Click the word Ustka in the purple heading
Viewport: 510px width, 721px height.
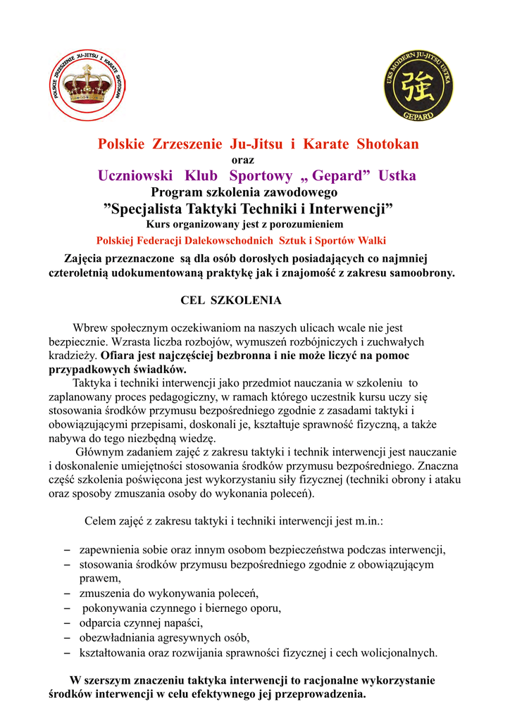point(397,175)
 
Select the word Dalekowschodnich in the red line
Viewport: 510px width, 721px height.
point(240,240)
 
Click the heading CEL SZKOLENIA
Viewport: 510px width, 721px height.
point(231,301)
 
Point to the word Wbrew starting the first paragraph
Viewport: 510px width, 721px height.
point(89,328)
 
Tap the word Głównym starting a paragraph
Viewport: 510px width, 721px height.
point(98,451)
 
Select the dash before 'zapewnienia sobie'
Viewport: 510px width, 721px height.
point(66,549)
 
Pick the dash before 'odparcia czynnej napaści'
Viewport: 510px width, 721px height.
point(66,623)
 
